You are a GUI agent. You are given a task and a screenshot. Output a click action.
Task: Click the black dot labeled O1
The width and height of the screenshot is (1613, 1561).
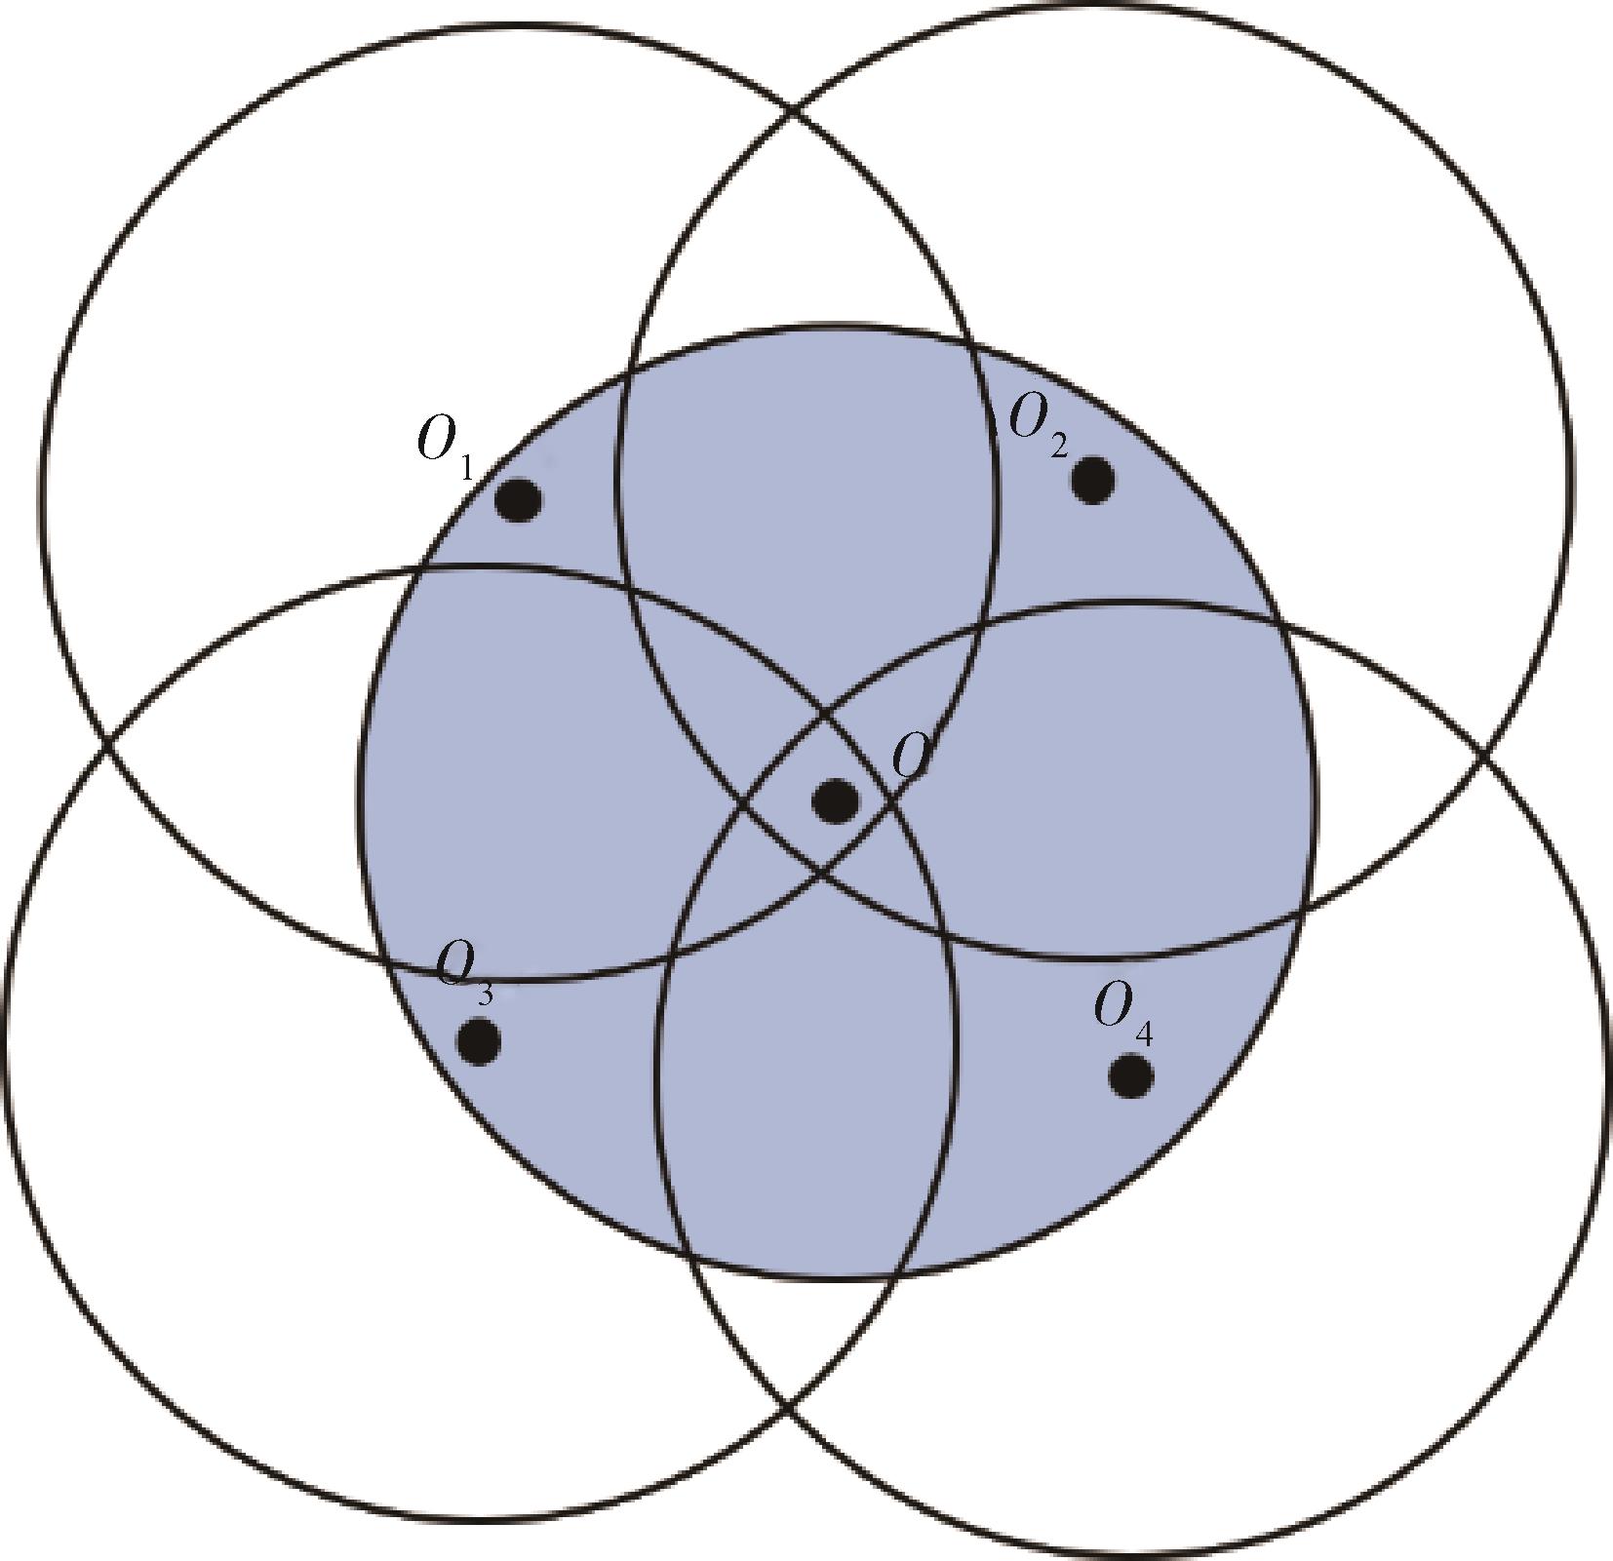[518, 500]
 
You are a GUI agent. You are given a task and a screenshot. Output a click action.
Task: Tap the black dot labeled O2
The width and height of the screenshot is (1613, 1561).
[1093, 480]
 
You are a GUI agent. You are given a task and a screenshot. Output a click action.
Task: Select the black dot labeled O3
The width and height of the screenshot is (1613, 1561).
[479, 1042]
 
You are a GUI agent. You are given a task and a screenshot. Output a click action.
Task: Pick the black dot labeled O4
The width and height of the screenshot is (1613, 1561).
[1132, 1076]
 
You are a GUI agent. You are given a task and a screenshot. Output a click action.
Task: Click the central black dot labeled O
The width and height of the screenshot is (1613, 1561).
[836, 801]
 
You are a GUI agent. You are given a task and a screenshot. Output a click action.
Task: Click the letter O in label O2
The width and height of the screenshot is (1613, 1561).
[1027, 417]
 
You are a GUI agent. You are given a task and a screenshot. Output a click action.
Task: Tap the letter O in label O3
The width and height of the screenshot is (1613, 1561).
[455, 962]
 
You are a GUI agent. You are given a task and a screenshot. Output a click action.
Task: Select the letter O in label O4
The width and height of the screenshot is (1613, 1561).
[1113, 1006]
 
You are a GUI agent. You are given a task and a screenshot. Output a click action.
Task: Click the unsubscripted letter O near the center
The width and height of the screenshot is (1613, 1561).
[911, 756]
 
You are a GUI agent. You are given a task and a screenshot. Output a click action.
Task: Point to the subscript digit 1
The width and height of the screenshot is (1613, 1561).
[466, 469]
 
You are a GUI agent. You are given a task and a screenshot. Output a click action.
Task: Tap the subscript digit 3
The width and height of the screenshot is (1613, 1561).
[485, 995]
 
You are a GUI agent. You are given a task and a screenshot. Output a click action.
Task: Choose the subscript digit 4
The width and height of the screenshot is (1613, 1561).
[1143, 1034]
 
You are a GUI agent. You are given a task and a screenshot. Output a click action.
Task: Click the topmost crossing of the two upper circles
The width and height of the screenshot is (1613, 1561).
[793, 115]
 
